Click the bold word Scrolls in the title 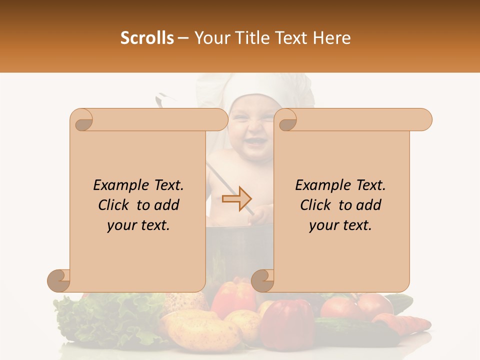click(x=147, y=38)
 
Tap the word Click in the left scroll click(x=115, y=205)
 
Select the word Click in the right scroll click(x=317, y=205)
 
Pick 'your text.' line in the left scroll click(x=138, y=225)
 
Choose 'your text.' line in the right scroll click(x=340, y=225)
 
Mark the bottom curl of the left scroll click(x=59, y=280)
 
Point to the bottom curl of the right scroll click(x=263, y=280)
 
